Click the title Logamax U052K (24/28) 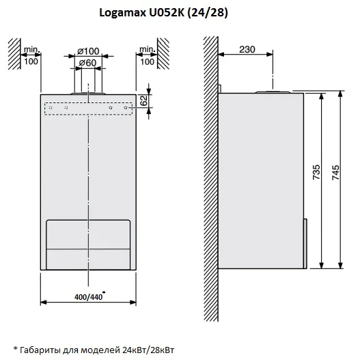coord(163,13)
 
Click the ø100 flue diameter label coord(88,51)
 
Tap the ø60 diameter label coord(87,63)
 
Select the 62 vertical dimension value coord(144,100)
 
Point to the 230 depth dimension coord(247,49)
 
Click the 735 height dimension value coord(316,172)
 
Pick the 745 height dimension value coord(335,173)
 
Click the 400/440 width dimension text coord(88,297)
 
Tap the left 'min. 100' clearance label coord(31,56)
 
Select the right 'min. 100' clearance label coord(147,56)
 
